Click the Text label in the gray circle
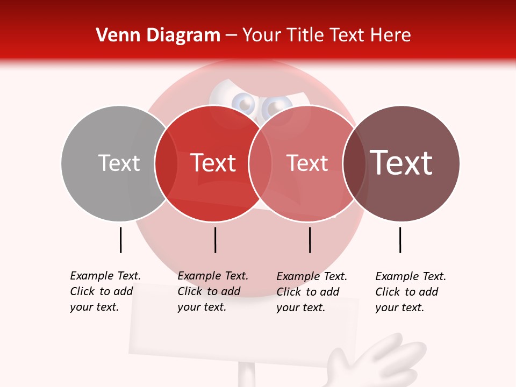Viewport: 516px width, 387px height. (x=119, y=163)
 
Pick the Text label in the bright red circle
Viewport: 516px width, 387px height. (x=213, y=163)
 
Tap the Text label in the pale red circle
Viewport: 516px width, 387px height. (x=307, y=163)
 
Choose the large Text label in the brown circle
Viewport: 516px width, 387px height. (x=402, y=163)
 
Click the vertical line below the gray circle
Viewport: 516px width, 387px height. (x=121, y=240)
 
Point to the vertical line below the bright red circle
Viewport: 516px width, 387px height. (x=215, y=240)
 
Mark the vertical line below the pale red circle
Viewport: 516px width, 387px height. (x=310, y=240)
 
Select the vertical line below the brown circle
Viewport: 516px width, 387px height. (x=400, y=240)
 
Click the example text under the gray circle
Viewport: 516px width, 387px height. (x=105, y=291)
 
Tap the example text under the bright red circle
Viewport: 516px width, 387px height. (x=212, y=291)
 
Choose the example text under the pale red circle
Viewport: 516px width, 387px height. (x=311, y=291)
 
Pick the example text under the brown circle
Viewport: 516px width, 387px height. (x=410, y=292)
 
